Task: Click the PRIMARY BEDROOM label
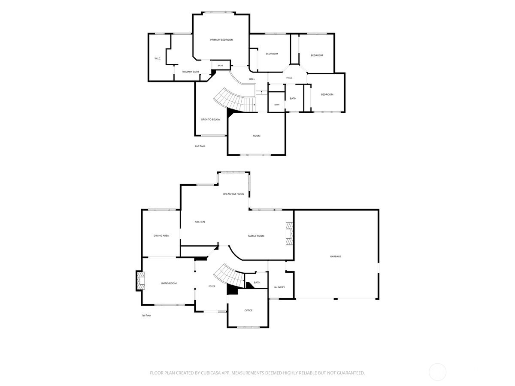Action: click(221, 40)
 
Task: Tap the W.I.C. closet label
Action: click(158, 58)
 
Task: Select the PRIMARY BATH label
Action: click(190, 72)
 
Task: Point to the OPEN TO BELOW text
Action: click(210, 120)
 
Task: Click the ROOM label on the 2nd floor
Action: click(257, 136)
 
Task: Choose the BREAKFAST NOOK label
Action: click(233, 194)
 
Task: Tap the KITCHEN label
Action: click(200, 222)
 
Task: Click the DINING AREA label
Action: click(161, 236)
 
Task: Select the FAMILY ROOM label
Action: click(256, 236)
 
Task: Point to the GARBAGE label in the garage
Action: click(336, 256)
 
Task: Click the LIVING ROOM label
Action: click(169, 283)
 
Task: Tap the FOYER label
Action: click(212, 286)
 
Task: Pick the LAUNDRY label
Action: click(279, 287)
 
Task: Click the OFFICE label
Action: click(248, 311)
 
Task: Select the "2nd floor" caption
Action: click(200, 146)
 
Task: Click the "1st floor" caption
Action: click(146, 316)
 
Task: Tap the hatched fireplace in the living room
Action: click(140, 281)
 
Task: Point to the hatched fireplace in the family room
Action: click(289, 234)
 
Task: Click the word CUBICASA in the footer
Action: click(211, 373)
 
